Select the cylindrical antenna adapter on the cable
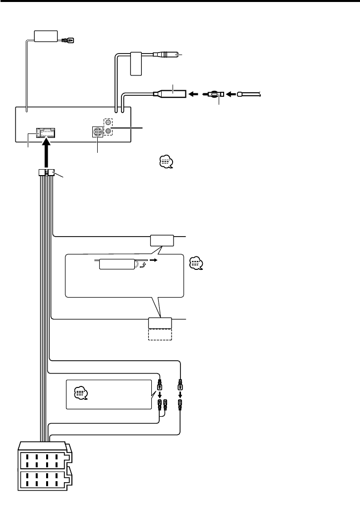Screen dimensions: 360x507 (171, 93)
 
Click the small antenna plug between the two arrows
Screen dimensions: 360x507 (215, 93)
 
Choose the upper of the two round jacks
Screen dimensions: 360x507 (108, 123)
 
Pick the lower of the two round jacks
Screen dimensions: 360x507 (108, 132)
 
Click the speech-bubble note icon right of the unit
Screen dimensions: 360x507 (165, 162)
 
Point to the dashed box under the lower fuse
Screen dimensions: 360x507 (160, 334)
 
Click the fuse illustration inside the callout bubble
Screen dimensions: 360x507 (117, 264)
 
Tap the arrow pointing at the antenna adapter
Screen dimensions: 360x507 (194, 93)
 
